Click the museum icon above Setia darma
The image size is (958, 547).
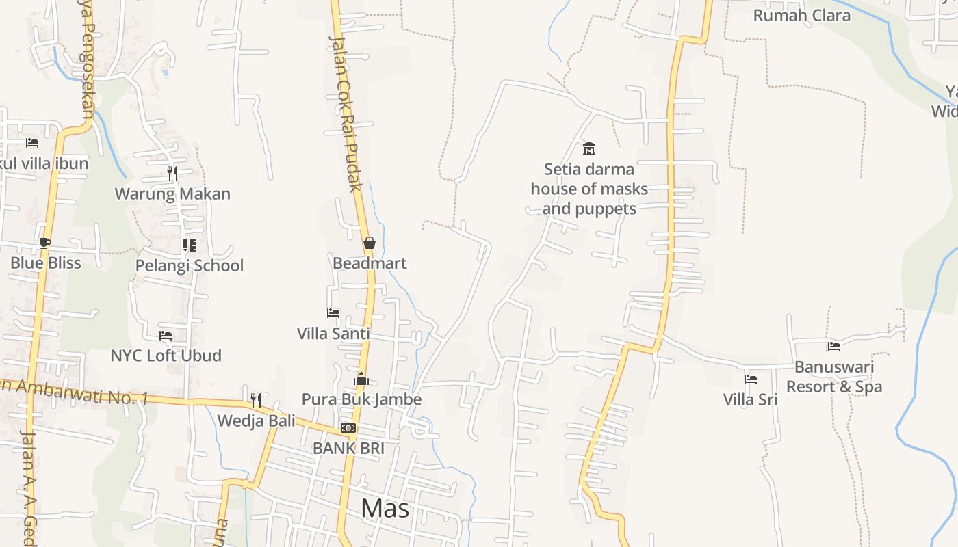point(588,148)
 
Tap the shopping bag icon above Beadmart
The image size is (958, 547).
point(370,243)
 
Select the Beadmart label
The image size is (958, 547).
point(370,263)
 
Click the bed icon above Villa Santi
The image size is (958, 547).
point(333,313)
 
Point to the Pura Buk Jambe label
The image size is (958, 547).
point(361,399)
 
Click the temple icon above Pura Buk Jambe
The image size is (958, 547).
point(361,379)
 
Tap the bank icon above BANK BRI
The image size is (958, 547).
point(348,428)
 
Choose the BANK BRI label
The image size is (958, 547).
point(348,449)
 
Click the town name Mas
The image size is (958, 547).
point(385,508)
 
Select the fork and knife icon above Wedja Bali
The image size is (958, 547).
point(256,400)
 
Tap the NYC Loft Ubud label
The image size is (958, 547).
point(166,356)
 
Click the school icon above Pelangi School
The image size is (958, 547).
point(189,245)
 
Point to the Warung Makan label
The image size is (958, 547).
point(172,194)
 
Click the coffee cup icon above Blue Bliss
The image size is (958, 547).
point(45,243)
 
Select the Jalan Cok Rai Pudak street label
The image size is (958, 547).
point(347,113)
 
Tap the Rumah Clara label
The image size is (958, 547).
point(801,15)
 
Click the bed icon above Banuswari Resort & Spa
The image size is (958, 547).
point(833,347)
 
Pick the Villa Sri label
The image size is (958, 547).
point(751,399)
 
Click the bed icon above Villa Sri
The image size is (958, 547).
point(751,379)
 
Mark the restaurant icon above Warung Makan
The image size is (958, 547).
point(172,173)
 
